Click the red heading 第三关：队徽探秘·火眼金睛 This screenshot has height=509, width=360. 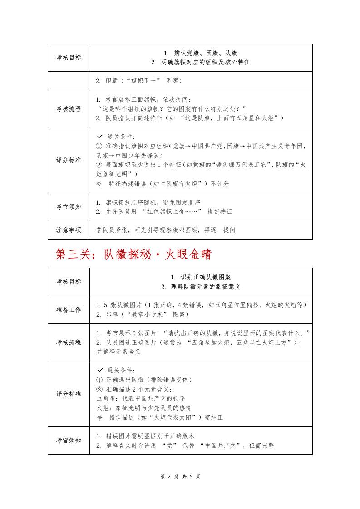click(x=133, y=254)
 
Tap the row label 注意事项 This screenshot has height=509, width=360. click(x=69, y=230)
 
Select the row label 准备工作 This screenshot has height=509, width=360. click(x=69, y=310)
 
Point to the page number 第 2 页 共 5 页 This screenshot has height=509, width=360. click(x=180, y=476)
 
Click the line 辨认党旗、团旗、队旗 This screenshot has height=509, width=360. click(x=201, y=53)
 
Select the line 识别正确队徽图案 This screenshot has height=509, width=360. click(x=201, y=277)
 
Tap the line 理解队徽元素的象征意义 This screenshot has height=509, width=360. click(x=201, y=287)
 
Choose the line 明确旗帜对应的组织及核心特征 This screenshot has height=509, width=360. click(x=201, y=62)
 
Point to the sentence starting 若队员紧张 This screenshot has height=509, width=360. click(x=166, y=230)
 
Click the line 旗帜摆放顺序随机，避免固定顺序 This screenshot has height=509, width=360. click(x=148, y=202)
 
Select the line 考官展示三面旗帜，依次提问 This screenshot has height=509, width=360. click(x=146, y=99)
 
